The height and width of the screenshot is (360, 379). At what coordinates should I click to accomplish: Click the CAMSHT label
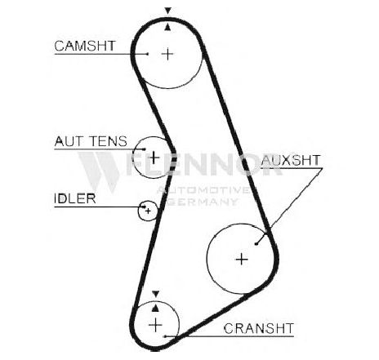pos(85,46)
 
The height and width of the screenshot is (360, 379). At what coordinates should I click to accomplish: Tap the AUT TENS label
pos(91,141)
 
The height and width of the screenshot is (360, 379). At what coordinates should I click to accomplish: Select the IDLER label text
pos(75,198)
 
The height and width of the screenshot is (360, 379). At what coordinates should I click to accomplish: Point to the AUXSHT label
pos(291,160)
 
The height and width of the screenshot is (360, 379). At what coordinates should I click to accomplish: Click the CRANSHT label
pos(259,328)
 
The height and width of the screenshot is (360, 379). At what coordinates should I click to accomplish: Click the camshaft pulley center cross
pos(167,54)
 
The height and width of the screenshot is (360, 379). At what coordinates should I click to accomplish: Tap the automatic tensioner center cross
pos(154,158)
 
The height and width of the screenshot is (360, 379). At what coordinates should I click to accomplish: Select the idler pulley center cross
pos(148,211)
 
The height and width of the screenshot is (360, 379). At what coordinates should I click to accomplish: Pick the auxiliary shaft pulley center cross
pos(242,259)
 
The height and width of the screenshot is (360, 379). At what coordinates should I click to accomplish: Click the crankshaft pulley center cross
pos(155,325)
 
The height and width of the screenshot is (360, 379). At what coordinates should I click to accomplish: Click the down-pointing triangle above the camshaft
pos(168,11)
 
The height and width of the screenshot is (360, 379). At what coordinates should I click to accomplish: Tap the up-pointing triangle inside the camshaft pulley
pos(167,27)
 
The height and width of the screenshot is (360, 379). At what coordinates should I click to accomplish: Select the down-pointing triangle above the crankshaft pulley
pos(155,294)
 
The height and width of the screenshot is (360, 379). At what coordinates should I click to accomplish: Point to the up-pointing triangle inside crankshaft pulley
pos(155,308)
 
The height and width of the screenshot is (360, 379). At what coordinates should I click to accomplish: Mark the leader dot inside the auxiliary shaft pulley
pos(256,243)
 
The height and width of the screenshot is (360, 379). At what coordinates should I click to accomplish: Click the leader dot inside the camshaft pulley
pos(147,54)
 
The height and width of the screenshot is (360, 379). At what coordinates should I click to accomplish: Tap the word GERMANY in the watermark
pos(202,202)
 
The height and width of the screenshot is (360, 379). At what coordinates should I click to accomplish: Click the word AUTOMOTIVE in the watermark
pos(203,190)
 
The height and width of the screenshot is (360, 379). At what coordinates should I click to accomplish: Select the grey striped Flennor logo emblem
pos(100,171)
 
